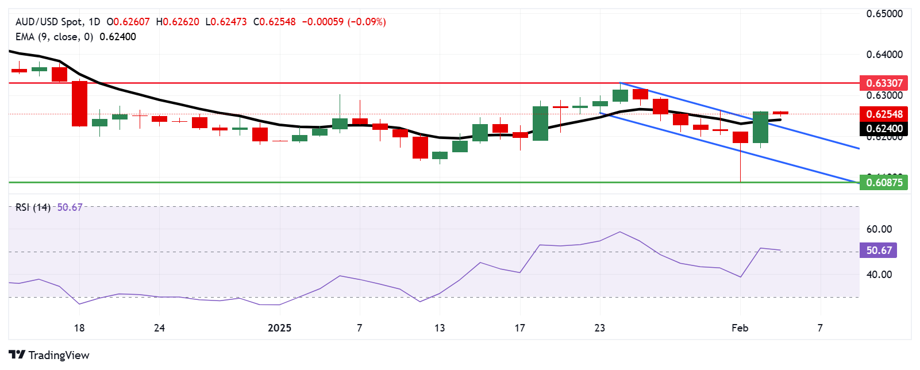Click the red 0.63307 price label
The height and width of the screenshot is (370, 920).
click(884, 83)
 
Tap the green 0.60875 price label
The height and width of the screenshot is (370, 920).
click(884, 183)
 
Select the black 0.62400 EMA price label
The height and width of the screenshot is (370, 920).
click(884, 129)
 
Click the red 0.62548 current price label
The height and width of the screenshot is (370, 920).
click(884, 114)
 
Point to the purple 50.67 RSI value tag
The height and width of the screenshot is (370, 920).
click(878, 250)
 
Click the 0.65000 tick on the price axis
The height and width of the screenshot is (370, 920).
click(884, 14)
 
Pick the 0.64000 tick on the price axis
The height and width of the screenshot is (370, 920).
click(884, 55)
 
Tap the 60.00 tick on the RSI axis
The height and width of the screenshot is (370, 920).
click(879, 229)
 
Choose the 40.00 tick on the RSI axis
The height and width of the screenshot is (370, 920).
click(879, 275)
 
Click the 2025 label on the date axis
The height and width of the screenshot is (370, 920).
click(280, 328)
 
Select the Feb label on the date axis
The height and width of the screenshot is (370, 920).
click(740, 328)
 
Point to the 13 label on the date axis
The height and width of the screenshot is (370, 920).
click(440, 328)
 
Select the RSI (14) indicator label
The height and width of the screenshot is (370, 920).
click(33, 207)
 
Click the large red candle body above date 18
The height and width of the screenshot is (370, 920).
click(79, 103)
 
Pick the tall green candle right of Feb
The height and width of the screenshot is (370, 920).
click(760, 127)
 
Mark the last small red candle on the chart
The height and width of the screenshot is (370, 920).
click(780, 113)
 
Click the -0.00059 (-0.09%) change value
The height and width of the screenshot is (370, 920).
click(344, 22)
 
